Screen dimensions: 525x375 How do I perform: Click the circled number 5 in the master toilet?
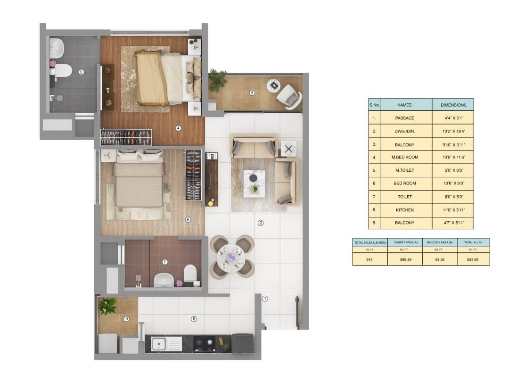click(81, 72)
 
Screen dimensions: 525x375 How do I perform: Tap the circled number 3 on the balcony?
click(252, 93)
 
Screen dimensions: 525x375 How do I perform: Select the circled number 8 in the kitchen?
click(194, 319)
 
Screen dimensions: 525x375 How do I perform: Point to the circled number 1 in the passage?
click(265, 298)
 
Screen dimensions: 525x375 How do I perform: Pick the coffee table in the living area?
click(254, 183)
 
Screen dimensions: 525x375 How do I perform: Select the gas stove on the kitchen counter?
click(204, 343)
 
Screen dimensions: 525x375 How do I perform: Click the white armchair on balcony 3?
click(290, 97)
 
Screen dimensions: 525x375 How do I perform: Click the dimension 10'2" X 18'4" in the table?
click(454, 131)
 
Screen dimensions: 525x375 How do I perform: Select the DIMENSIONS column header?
click(453, 105)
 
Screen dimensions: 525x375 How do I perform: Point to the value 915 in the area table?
click(369, 260)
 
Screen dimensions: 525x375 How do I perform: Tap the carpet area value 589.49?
click(405, 260)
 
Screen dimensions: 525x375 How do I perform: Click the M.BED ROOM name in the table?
click(405, 157)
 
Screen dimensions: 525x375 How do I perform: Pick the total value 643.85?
click(473, 260)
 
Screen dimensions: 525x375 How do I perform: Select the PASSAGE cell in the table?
click(405, 118)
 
